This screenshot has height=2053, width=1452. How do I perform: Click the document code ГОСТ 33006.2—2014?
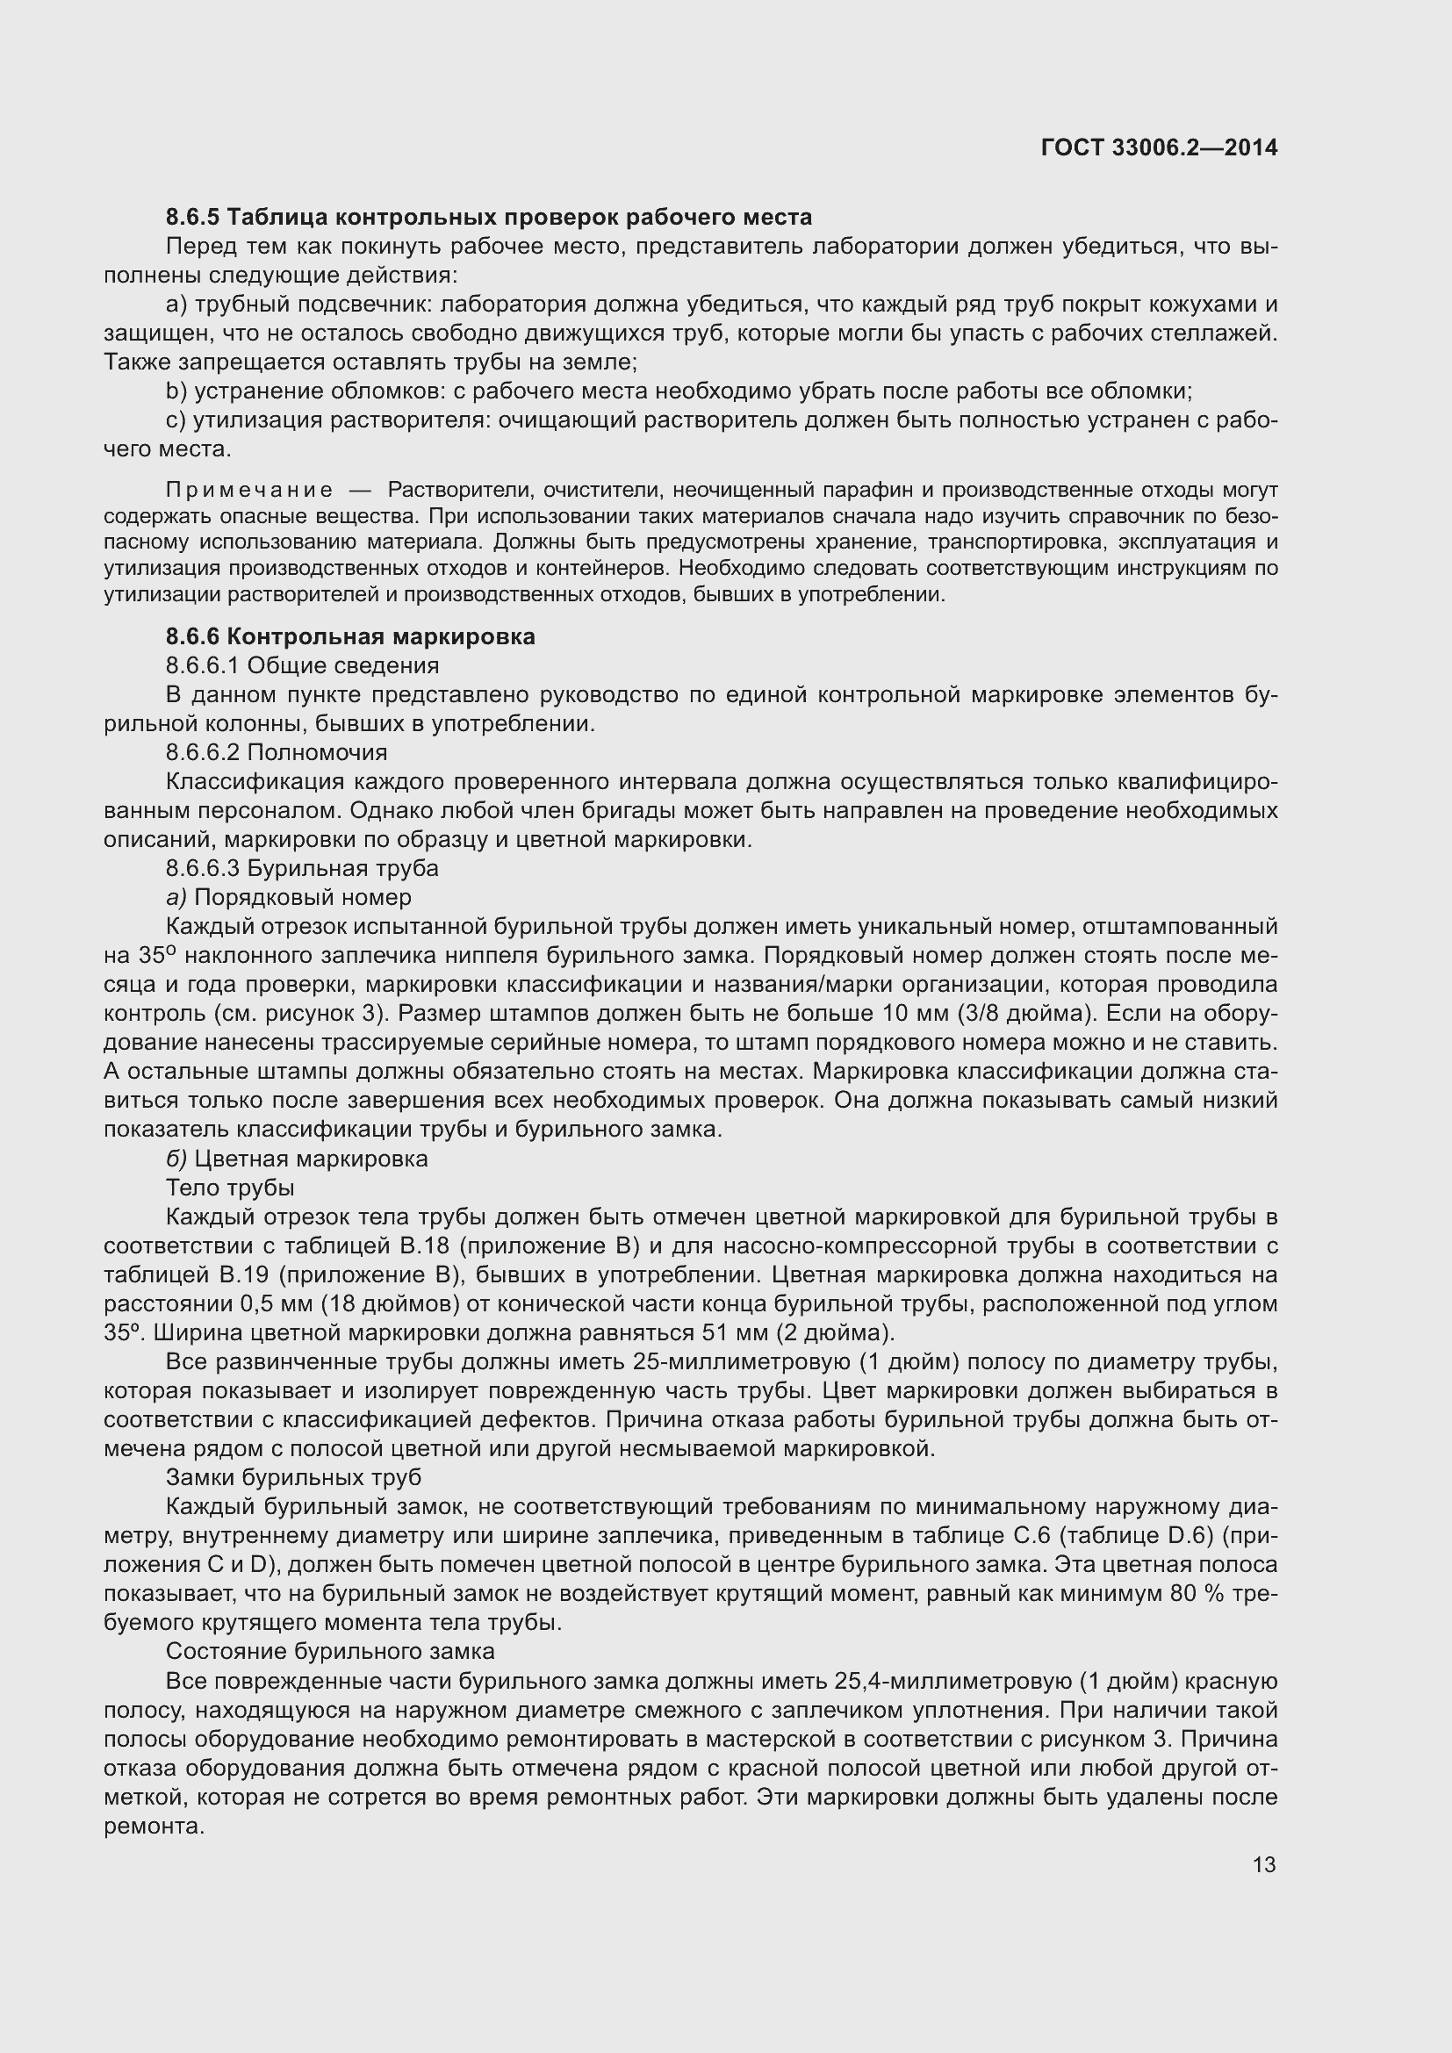[x=1159, y=147]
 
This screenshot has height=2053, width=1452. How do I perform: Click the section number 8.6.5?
[x=192, y=218]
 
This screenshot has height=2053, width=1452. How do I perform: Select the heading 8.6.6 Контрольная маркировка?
[x=350, y=636]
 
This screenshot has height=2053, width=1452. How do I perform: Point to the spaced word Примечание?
[x=249, y=490]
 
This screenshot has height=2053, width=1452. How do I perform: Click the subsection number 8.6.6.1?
[x=203, y=665]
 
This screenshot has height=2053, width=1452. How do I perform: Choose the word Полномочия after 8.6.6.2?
[x=318, y=752]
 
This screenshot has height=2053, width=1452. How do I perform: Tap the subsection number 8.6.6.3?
[x=203, y=868]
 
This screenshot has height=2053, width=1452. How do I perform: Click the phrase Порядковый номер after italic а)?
[x=303, y=897]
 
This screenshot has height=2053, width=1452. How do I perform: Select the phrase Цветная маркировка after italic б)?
[x=311, y=1159]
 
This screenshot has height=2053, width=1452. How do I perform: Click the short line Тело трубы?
[x=230, y=1188]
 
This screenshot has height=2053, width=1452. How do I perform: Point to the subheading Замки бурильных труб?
[x=293, y=1477]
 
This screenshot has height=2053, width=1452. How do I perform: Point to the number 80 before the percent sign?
[x=1183, y=1593]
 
